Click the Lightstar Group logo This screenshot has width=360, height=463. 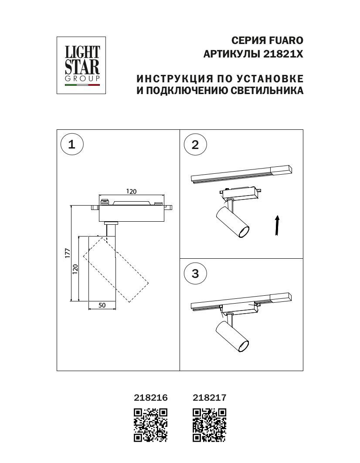(82, 65)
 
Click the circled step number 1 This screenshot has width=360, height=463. (72, 144)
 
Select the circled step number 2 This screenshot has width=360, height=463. (195, 145)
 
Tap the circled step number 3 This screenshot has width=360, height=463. (195, 274)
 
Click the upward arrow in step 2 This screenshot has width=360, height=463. (277, 225)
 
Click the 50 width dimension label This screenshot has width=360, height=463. (102, 305)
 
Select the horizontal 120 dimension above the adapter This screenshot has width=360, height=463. (131, 191)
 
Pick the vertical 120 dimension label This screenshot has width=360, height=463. (75, 269)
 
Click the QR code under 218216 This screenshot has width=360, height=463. (150, 425)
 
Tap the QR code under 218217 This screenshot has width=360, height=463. (210, 425)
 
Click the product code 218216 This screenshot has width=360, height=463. (150, 397)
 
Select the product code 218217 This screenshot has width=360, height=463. (210, 397)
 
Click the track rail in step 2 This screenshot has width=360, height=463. (241, 174)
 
